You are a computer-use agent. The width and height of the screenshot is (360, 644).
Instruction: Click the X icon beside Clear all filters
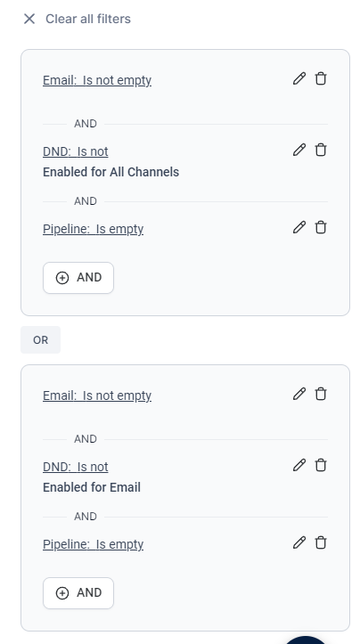pyautogui.click(x=29, y=19)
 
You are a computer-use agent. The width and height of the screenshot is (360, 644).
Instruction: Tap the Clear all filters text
pyautogui.click(x=88, y=19)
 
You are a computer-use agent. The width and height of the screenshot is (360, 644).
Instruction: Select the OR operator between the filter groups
pyautogui.click(x=41, y=340)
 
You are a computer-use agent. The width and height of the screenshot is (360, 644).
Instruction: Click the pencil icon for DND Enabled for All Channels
pyautogui.click(x=299, y=150)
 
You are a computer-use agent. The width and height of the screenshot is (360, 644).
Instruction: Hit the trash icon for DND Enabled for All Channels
pyautogui.click(x=321, y=150)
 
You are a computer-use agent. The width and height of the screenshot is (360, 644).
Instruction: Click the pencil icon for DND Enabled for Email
pyautogui.click(x=299, y=465)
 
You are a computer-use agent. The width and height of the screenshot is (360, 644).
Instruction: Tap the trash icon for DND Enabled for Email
pyautogui.click(x=321, y=465)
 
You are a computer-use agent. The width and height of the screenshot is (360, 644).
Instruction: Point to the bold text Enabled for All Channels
pyautogui.click(x=111, y=172)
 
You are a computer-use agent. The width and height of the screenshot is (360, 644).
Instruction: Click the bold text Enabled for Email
pyautogui.click(x=92, y=487)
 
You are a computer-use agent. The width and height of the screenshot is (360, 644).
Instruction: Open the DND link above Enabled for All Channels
pyautogui.click(x=76, y=151)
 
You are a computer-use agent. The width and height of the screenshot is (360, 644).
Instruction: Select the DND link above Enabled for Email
pyautogui.click(x=76, y=467)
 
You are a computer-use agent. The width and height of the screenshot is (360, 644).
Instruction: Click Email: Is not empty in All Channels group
pyautogui.click(x=97, y=80)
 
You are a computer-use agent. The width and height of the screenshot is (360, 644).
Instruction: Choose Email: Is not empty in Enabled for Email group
pyautogui.click(x=97, y=395)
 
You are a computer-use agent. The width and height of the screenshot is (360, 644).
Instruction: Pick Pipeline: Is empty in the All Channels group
pyautogui.click(x=94, y=229)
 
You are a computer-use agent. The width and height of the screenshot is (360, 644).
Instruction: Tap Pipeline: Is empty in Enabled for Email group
pyautogui.click(x=94, y=544)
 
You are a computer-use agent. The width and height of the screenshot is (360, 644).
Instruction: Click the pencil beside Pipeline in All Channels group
pyautogui.click(x=299, y=227)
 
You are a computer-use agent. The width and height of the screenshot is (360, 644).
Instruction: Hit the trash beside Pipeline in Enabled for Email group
pyautogui.click(x=321, y=542)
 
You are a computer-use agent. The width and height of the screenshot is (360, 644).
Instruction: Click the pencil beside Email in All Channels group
pyautogui.click(x=299, y=78)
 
